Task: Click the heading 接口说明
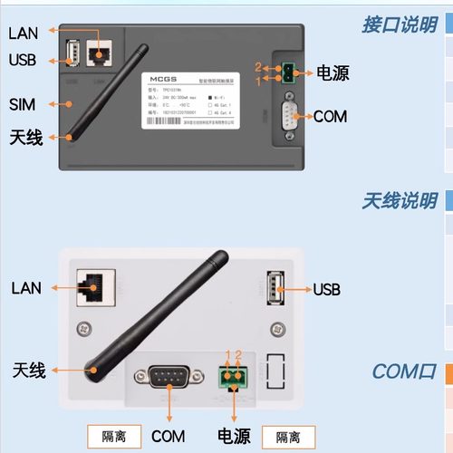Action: coord(400,24)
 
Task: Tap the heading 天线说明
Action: coord(400,200)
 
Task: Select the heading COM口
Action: coord(404,372)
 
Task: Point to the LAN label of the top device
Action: coord(24,33)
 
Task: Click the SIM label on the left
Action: coord(24,105)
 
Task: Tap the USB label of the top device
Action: coord(24,60)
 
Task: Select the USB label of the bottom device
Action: coord(326,290)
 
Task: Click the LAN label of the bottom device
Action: coord(27,288)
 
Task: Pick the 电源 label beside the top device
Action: coord(332,73)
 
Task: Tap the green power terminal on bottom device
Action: coord(235,376)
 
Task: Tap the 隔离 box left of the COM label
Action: coord(112,436)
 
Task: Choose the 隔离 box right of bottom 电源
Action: coord(289,436)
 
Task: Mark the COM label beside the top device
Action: coord(330,116)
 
